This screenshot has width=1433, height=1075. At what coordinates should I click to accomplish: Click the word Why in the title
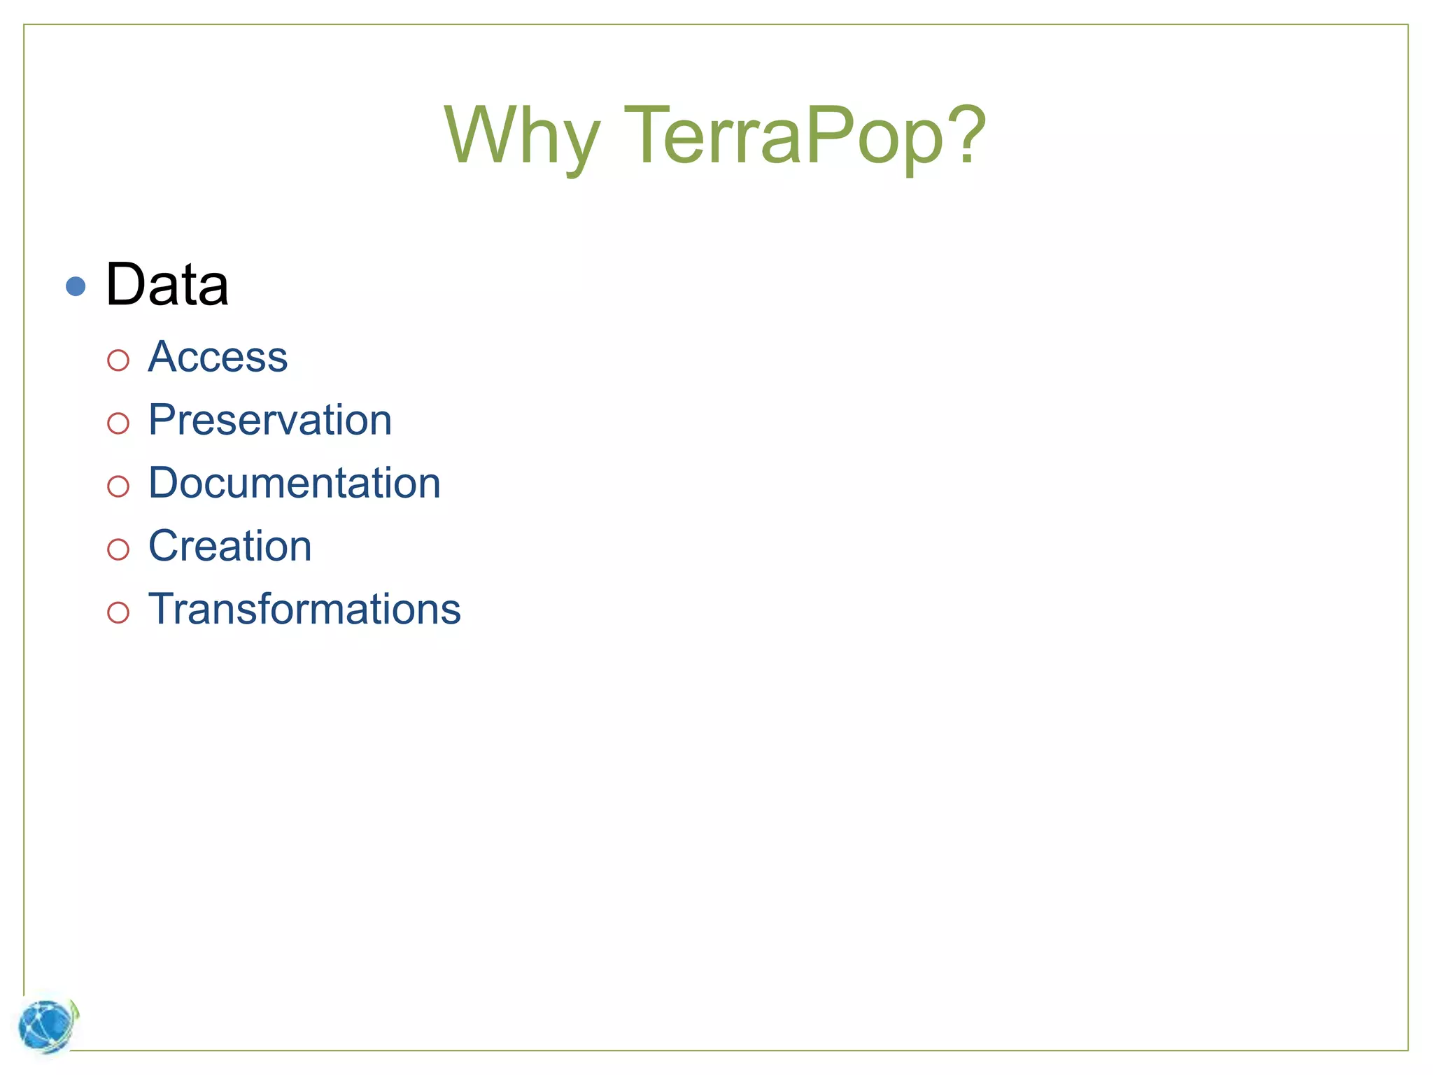pos(521,136)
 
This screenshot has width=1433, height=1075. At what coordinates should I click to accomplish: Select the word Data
pos(167,285)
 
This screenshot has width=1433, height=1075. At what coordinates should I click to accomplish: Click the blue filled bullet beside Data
pos(76,286)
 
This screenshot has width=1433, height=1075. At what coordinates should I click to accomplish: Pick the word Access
pos(218,357)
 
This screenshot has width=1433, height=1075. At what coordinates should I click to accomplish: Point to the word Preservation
pos(270,420)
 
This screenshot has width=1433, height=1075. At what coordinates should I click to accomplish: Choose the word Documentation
pos(295,483)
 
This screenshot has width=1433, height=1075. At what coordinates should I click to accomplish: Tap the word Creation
pos(230,546)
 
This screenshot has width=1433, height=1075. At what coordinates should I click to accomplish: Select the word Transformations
pos(304,609)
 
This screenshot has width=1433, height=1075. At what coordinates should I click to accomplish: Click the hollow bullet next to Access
pos(118,360)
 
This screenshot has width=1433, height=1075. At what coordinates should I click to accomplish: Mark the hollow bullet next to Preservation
pos(118,423)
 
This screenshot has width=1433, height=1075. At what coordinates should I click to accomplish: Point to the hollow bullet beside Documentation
pos(118,486)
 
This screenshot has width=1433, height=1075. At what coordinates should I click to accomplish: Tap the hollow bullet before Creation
pos(118,549)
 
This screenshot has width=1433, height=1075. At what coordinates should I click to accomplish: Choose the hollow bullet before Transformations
pos(118,612)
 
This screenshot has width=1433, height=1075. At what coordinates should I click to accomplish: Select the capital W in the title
pos(490,134)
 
